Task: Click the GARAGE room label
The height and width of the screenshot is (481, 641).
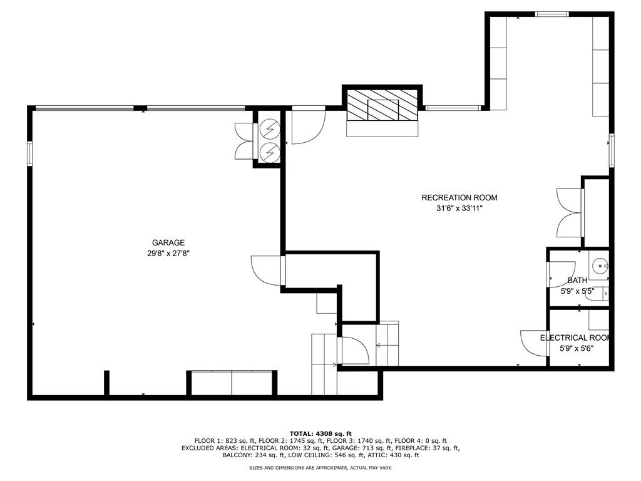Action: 168,243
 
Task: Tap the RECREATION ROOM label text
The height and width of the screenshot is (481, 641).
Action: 459,198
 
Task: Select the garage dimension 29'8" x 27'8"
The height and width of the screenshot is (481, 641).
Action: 168,254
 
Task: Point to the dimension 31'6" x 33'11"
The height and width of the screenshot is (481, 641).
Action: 459,209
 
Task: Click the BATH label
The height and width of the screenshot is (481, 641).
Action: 577,281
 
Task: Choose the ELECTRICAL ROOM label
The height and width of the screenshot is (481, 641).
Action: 575,338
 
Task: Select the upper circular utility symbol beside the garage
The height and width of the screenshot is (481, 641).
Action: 270,128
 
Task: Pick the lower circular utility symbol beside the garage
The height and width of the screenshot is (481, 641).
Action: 270,152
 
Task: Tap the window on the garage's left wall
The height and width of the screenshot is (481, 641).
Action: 29,153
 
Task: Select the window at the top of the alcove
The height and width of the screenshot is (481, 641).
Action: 551,14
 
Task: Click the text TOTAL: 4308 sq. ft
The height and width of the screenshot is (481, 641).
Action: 320,433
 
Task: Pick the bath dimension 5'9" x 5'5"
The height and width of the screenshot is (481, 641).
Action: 577,291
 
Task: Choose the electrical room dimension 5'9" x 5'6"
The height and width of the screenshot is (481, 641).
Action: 576,349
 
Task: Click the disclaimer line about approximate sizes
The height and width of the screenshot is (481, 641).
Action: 320,468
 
